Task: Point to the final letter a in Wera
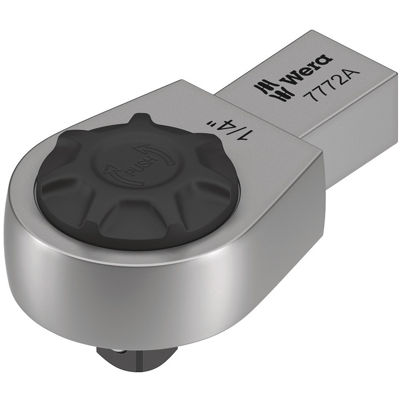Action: [325, 61]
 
